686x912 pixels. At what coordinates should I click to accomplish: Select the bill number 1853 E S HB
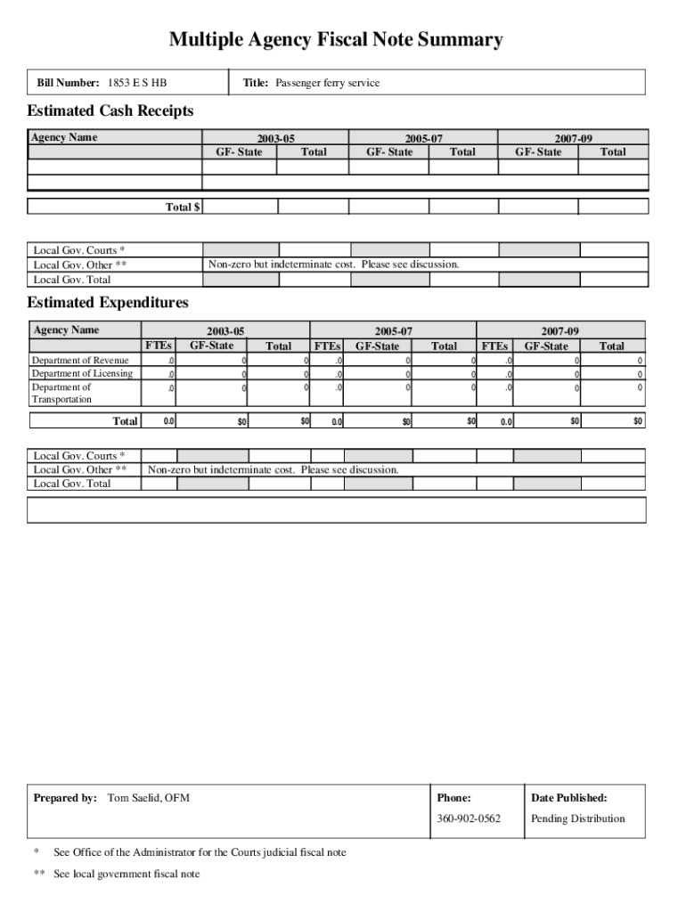point(136,83)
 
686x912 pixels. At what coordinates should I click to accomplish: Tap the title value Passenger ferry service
point(327,83)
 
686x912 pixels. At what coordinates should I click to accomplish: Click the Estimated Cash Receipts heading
point(110,111)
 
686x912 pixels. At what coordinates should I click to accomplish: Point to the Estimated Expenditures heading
point(108,303)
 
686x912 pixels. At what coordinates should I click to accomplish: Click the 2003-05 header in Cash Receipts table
point(275,139)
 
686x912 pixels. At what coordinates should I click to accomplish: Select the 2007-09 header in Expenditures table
point(559,331)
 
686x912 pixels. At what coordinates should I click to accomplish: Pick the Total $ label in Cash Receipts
point(183,207)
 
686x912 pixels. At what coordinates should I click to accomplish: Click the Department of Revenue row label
point(79,361)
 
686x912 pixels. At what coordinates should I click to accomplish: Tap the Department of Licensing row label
point(81,374)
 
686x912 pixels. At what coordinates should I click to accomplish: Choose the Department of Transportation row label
point(61,394)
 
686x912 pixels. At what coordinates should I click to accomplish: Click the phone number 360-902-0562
point(469,818)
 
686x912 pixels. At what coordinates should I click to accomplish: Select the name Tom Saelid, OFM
point(148,798)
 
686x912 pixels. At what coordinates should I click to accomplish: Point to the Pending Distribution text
point(577,818)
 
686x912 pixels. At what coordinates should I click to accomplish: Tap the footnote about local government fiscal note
point(127,874)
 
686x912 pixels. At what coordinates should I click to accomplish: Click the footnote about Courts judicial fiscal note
point(200,852)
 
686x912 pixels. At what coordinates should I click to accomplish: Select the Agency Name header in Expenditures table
point(66,330)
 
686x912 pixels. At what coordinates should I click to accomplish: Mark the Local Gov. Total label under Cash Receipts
point(72,280)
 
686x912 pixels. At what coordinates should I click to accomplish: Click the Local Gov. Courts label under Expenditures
point(78,456)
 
